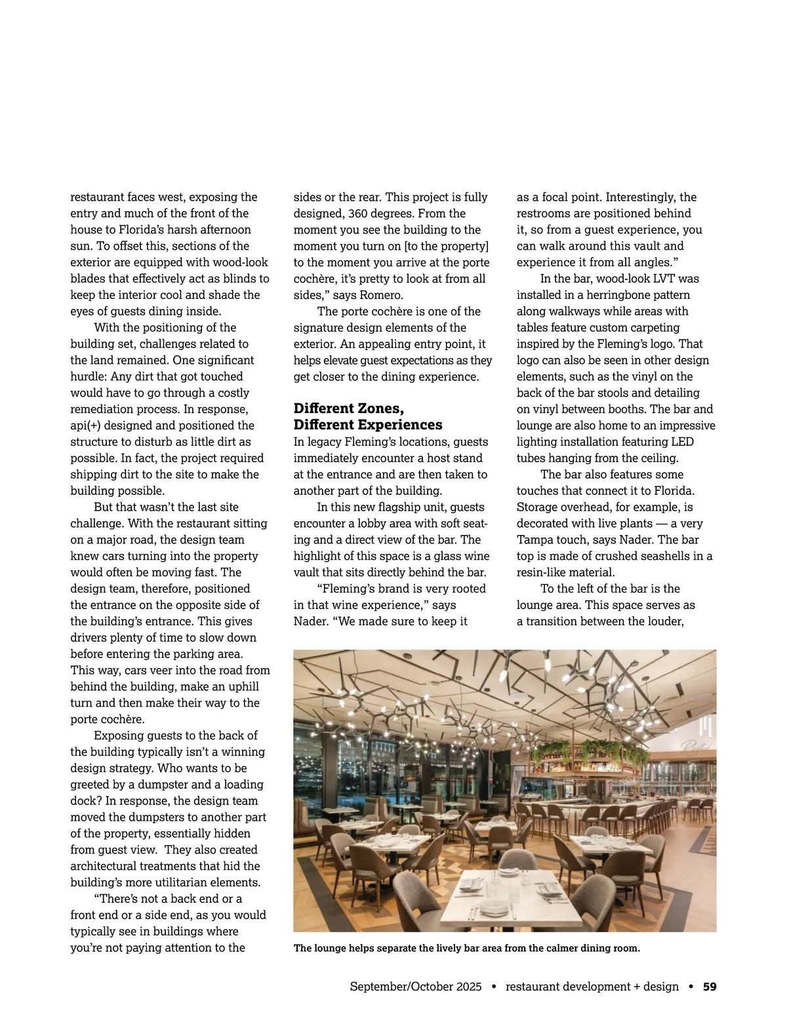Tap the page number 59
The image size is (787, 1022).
click(710, 987)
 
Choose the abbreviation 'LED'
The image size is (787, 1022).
click(683, 442)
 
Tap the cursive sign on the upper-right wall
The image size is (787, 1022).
click(698, 745)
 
